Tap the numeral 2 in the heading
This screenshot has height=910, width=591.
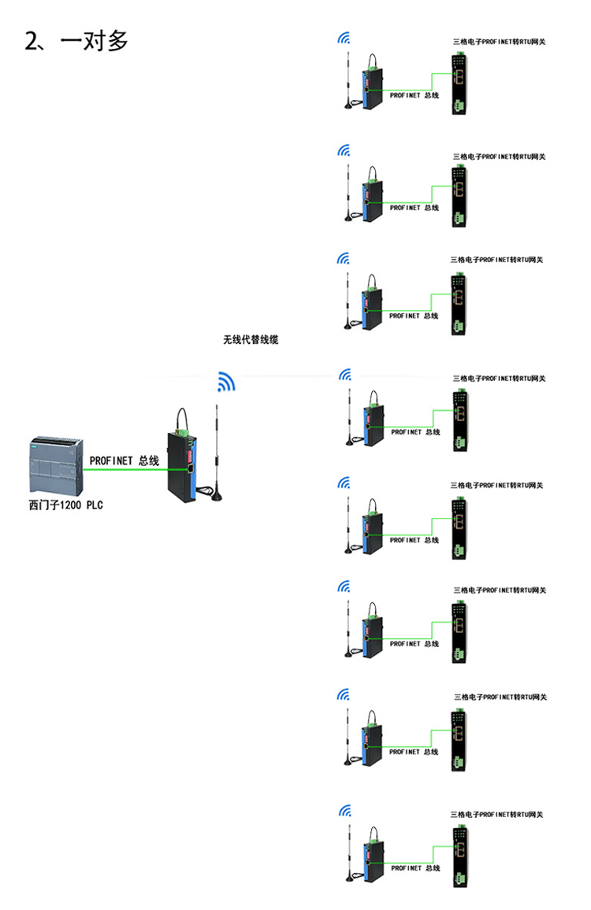point(32,41)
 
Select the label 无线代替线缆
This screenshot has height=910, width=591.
point(251,340)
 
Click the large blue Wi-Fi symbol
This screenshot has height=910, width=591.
point(226,382)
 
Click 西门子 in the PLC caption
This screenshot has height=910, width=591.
point(46,505)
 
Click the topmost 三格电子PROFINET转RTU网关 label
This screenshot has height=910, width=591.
point(498,42)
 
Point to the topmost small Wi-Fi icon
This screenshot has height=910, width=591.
point(343,37)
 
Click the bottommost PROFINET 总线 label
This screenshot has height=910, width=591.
point(414,867)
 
